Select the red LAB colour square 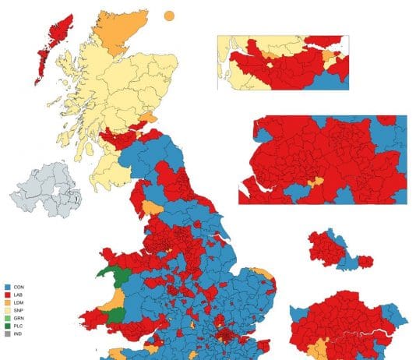pos(5,294)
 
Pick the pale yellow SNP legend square pos(5,309)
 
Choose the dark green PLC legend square pos(5,325)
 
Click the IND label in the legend pos(17,333)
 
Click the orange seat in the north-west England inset pos(316,182)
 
